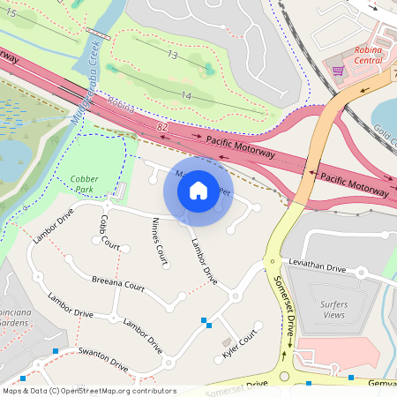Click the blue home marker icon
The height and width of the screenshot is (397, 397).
click(x=198, y=190)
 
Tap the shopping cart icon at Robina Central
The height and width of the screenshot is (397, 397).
click(x=337, y=70)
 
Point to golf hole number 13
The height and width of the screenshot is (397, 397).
click(x=173, y=56)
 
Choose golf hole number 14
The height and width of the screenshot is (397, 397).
click(x=184, y=95)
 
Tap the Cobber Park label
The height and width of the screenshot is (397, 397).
click(x=84, y=184)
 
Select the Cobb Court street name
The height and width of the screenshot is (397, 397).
click(x=109, y=231)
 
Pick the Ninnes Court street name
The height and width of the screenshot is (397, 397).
click(x=159, y=241)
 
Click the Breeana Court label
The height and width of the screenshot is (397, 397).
click(x=117, y=287)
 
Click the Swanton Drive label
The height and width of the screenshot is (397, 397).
click(x=101, y=359)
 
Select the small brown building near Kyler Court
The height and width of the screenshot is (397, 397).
click(x=225, y=341)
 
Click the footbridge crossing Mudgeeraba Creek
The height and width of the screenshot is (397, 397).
click(x=99, y=34)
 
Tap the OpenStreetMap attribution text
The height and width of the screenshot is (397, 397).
click(x=88, y=391)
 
